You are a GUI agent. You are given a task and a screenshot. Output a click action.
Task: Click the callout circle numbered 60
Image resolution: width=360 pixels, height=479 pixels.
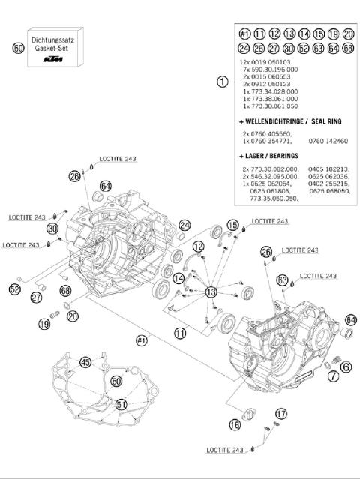coord(17,48)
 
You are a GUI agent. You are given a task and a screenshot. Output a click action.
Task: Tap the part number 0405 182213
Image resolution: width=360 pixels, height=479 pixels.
coord(328,170)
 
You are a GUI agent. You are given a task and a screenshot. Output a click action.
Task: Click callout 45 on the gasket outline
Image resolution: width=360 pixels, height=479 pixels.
coord(86,363)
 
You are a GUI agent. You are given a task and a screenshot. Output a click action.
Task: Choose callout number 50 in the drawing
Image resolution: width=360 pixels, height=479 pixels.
coord(116,381)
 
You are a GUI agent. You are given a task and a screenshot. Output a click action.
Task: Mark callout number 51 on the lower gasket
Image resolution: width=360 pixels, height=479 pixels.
coord(121,405)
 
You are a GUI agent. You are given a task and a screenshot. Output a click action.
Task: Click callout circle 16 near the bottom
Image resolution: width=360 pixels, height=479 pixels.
coord(235,424)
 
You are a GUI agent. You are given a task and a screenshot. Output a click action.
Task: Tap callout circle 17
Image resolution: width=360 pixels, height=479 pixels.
coord(280,413)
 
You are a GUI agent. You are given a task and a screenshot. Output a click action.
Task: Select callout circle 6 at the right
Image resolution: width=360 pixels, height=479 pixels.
coord(346,366)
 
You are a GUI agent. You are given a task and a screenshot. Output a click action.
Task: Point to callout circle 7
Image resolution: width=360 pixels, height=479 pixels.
coord(332,376)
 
